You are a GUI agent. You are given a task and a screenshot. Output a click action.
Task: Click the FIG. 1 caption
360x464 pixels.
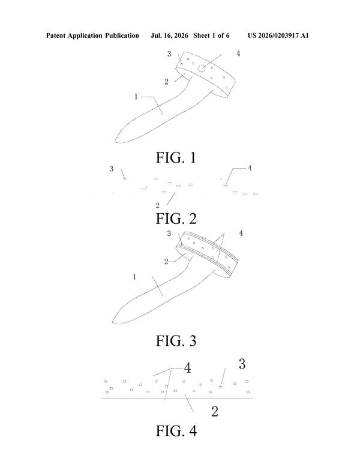pyautogui.click(x=176, y=157)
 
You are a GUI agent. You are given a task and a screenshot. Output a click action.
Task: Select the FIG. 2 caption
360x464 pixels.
pyautogui.click(x=176, y=218)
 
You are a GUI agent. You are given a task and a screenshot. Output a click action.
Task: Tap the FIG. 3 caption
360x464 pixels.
pyautogui.click(x=176, y=340)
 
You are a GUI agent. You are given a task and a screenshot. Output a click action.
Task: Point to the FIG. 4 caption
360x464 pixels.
pyautogui.click(x=176, y=430)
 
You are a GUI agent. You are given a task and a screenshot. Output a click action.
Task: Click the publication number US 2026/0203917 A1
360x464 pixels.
pyautogui.click(x=278, y=35)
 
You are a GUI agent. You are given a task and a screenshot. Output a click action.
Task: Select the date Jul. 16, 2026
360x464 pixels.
pyautogui.click(x=169, y=35)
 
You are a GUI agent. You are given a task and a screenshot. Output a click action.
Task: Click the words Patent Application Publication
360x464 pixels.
pyautogui.click(x=92, y=35)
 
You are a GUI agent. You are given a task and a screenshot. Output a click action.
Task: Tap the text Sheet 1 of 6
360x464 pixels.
pyautogui.click(x=211, y=35)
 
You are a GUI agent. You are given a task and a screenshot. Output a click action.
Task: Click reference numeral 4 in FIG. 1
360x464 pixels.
pyautogui.click(x=238, y=53)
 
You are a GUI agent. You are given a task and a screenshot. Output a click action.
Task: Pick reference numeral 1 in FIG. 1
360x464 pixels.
pyautogui.click(x=136, y=97)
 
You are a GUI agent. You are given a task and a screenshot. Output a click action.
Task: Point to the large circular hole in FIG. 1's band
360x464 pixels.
pyautogui.click(x=202, y=68)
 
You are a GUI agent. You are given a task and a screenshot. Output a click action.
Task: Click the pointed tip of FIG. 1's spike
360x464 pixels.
pyautogui.click(x=115, y=142)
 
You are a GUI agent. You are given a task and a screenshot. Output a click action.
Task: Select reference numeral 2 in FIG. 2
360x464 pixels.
pyautogui.click(x=157, y=205)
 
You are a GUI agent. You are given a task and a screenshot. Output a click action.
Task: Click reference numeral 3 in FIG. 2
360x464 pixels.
pyautogui.click(x=112, y=169)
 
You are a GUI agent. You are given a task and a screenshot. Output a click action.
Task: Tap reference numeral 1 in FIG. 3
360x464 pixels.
pyautogui.click(x=134, y=276)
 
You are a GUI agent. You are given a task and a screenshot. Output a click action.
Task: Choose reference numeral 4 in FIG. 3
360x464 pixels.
pyautogui.click(x=241, y=234)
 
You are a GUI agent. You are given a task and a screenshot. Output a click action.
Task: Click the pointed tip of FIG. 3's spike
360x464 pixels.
pyautogui.click(x=112, y=322)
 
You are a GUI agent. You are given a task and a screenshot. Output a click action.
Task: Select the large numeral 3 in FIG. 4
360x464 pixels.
pyautogui.click(x=242, y=364)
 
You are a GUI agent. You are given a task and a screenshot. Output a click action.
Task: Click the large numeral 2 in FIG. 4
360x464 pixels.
pyautogui.click(x=215, y=411)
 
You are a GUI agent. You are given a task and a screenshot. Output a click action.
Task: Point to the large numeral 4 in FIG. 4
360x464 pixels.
pyautogui.click(x=188, y=368)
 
